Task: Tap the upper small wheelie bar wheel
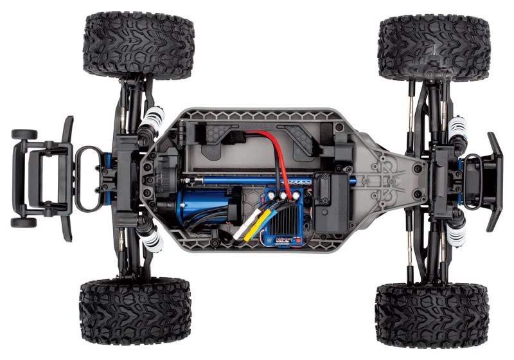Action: coord(24,135)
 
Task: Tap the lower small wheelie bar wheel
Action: coord(24,222)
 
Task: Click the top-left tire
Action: coord(138,45)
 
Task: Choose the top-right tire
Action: coord(434,48)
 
